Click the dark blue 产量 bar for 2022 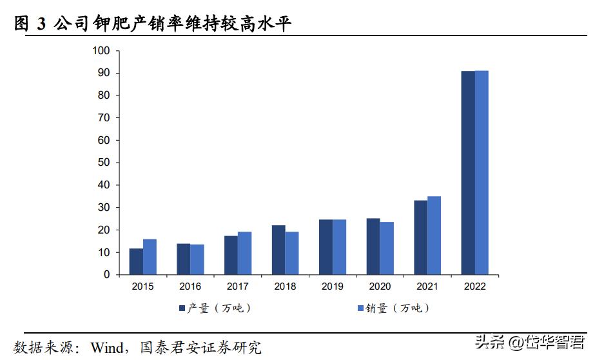468,173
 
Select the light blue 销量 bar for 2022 482,173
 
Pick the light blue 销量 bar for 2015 150,257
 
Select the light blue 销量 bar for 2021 434,235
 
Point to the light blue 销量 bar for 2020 387,248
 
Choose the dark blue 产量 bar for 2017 231,255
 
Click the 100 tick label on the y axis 101,51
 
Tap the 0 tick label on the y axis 107,275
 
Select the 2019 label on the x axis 333,286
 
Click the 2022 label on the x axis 474,286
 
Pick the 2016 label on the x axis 190,286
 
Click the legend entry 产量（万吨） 215,309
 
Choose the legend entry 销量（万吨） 393,309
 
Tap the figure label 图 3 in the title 29,25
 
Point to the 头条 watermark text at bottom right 488,341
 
